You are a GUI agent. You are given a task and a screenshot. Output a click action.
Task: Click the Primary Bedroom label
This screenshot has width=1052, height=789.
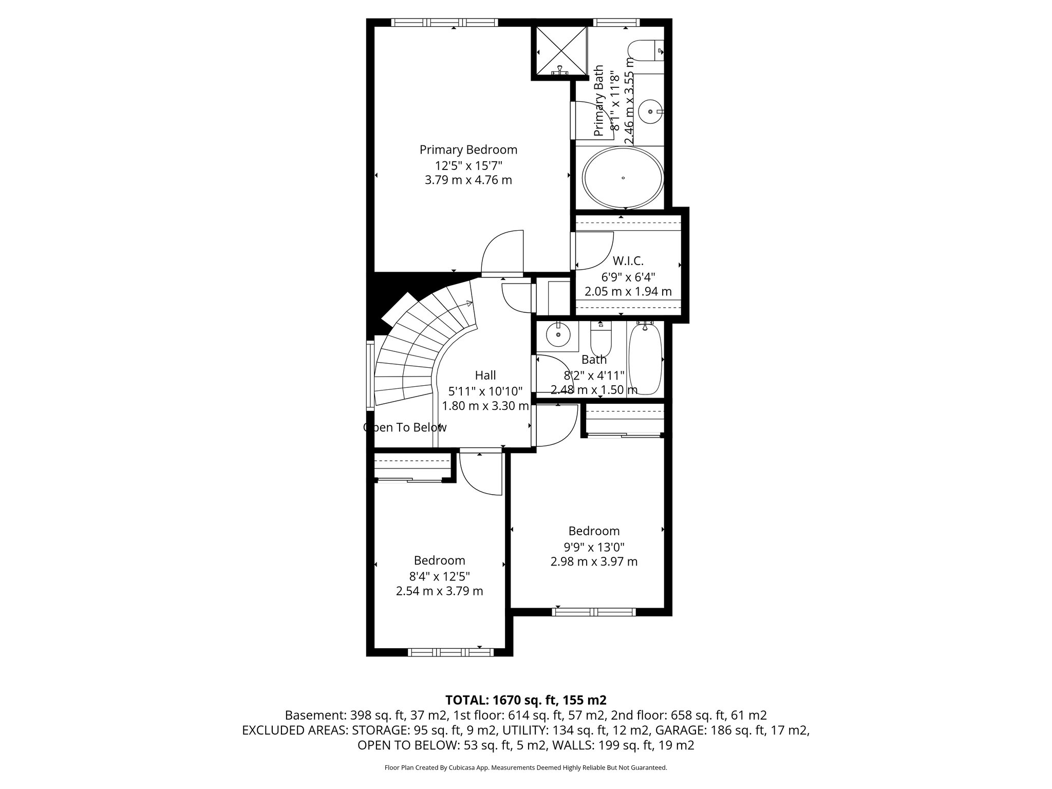point(468,149)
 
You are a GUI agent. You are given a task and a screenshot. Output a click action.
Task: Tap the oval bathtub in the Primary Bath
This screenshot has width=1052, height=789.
point(623,178)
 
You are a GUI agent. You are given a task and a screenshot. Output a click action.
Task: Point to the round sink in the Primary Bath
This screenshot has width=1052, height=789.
point(651,111)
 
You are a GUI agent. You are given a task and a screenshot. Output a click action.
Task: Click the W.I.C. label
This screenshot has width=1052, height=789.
point(628,261)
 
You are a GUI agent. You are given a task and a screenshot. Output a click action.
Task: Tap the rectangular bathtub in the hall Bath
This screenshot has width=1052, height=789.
point(645,360)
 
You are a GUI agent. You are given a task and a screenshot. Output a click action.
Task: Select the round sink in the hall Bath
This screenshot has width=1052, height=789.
point(557,335)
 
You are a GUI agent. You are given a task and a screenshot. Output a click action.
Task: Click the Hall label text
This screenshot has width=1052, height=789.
point(485,375)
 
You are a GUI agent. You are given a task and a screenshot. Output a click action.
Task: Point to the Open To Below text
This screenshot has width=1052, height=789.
point(405,427)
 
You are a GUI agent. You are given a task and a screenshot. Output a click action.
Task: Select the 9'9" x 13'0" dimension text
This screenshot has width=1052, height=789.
point(594,547)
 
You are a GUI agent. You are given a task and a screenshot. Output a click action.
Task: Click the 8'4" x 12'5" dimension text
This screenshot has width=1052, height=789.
point(439,576)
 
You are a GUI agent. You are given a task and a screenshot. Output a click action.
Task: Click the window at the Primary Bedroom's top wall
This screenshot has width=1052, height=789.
point(444,23)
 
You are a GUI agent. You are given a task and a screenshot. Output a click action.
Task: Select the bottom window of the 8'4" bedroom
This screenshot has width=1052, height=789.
point(450,652)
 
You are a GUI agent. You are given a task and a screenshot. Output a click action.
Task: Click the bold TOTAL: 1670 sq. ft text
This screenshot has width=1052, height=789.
point(525,700)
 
